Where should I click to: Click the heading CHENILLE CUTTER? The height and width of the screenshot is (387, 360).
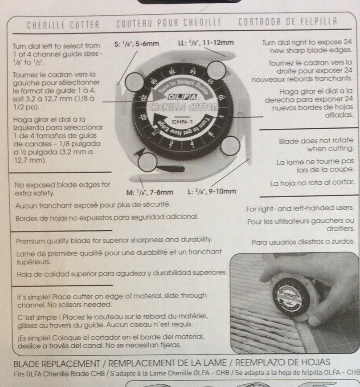click(63, 24)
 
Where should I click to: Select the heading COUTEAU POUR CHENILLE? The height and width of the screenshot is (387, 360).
click(169, 23)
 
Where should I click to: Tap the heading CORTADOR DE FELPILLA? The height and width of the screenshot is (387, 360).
click(288, 21)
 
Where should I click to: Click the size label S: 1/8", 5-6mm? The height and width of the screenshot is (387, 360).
click(136, 44)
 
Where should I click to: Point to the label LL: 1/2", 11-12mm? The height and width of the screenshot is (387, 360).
click(206, 43)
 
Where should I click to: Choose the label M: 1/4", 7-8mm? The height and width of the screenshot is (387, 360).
click(150, 192)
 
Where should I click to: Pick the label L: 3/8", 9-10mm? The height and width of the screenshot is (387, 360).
click(212, 191)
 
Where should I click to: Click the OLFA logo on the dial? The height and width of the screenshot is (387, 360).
click(183, 97)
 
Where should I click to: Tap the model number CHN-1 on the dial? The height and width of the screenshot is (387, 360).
click(182, 122)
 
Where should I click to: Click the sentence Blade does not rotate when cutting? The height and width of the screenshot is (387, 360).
click(316, 145)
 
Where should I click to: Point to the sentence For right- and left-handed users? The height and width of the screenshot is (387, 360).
click(300, 208)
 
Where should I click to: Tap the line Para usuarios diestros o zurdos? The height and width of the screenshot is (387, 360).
click(303, 242)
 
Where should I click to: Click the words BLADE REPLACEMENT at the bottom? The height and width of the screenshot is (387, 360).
click(57, 364)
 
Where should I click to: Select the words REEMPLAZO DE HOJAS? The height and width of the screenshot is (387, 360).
click(282, 363)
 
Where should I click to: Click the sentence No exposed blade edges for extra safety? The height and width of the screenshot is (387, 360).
click(62, 189)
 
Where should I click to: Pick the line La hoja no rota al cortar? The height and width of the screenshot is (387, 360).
click(312, 183)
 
